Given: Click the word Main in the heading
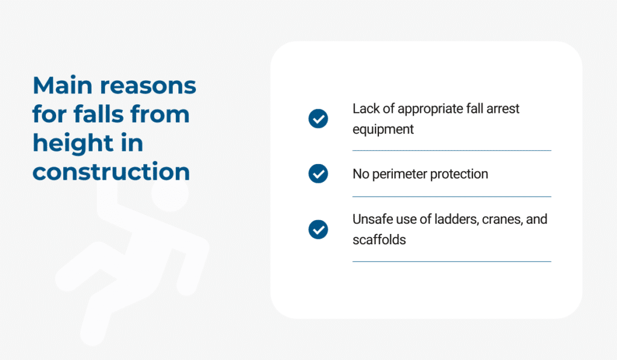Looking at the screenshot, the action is tap(63, 85).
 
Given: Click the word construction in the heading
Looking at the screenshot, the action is tap(111, 172).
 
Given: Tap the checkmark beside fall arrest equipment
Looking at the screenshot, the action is tap(318, 119).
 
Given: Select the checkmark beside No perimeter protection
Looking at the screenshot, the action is tap(318, 174).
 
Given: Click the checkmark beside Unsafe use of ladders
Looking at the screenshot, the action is tap(318, 229).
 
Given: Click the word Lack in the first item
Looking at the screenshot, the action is tap(366, 109).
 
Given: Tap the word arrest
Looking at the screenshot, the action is tap(503, 109).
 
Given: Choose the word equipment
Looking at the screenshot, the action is tap(383, 130).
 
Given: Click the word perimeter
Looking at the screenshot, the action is tap(399, 174).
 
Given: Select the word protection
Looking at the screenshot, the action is tap(459, 174).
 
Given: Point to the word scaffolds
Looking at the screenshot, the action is tap(379, 239).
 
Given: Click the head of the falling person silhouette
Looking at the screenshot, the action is tap(170, 193).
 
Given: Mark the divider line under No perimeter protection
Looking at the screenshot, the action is tap(452, 197).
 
